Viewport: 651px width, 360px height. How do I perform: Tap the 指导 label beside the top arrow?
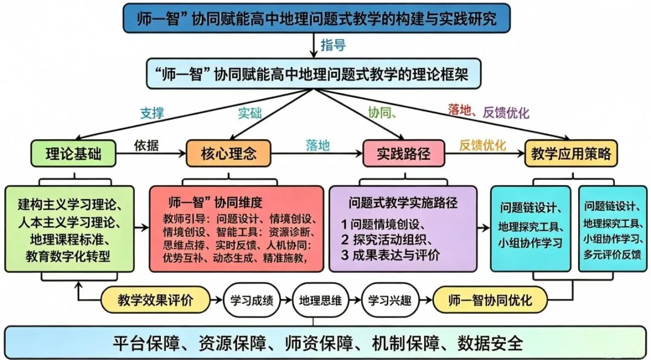(333, 45)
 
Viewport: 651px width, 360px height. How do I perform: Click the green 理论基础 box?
(73, 154)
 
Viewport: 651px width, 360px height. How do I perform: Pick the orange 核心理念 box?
(228, 154)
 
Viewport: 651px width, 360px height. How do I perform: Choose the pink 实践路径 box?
(404, 154)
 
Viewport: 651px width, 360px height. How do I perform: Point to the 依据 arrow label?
(146, 146)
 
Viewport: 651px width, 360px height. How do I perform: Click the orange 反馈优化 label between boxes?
(482, 145)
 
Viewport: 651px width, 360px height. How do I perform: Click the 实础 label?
(250, 112)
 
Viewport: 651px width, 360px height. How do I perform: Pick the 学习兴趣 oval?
(389, 300)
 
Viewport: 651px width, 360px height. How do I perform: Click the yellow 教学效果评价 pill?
(156, 300)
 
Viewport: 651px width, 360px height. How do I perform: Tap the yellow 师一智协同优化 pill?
(490, 300)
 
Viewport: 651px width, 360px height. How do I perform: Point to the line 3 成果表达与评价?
(391, 253)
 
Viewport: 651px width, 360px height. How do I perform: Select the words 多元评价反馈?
(612, 254)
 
